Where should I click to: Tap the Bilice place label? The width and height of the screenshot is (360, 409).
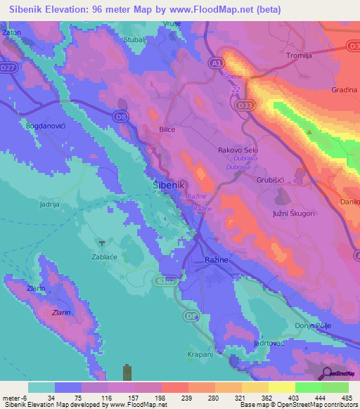click(167, 130)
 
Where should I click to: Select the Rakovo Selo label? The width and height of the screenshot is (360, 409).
click(239, 150)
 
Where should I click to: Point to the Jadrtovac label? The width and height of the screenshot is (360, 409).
click(269, 343)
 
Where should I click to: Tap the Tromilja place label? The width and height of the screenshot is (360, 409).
click(304, 53)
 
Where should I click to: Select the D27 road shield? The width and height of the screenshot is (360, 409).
click(9, 67)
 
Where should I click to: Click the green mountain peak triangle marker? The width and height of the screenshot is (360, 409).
click(309, 132)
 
